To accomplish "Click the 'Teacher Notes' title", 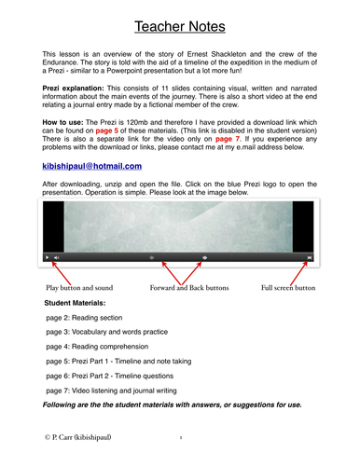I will click(x=181, y=22).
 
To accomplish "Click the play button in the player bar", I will click(x=48, y=256).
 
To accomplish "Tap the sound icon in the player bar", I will click(x=57, y=256).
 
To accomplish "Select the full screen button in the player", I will click(x=310, y=256).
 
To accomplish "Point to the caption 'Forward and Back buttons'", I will click(x=187, y=290).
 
